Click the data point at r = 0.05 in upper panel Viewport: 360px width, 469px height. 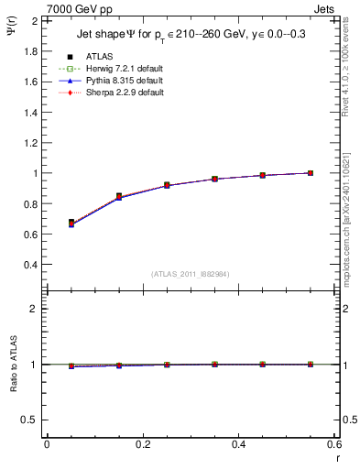click(71, 223)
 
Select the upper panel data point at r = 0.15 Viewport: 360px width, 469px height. click(119, 196)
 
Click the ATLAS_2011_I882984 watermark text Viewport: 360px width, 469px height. click(191, 273)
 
